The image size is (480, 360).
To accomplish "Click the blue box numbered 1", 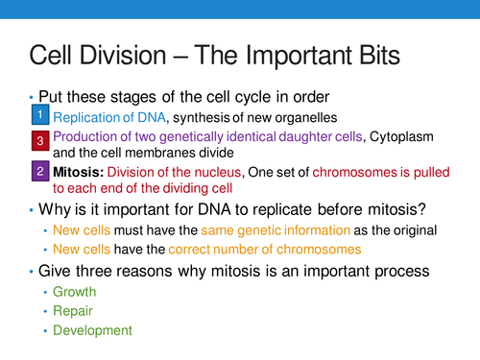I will click(x=38, y=115).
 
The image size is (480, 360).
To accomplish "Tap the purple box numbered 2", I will click(x=38, y=172).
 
